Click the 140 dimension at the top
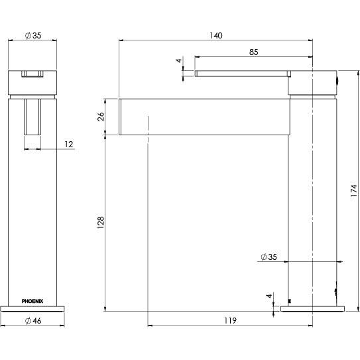click(215, 34)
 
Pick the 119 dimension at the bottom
click(230, 321)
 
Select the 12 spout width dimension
click(68, 144)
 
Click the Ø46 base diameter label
click(32, 321)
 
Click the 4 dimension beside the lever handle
click(178, 61)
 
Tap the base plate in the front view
click(32, 306)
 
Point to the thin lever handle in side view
click(242, 70)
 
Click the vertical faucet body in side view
click(314, 199)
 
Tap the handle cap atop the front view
click(32, 81)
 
